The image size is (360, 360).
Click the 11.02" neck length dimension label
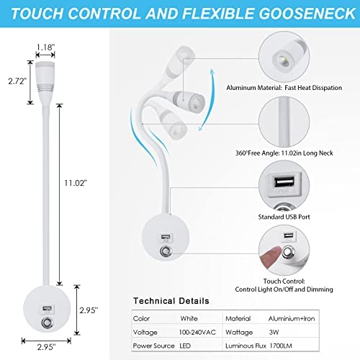point(76,183)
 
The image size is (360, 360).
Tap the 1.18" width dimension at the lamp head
point(45,47)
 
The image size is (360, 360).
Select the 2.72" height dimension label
point(17,81)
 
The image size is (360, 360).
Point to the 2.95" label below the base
point(46,347)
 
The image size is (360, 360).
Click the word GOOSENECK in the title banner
point(307,13)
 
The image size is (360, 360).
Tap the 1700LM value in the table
point(281,346)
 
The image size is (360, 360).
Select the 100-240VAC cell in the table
point(197,332)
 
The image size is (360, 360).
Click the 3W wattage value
point(274,332)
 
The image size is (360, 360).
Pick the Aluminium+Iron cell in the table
point(292,319)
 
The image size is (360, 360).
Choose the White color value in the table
point(189,318)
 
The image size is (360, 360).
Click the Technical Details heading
point(171,301)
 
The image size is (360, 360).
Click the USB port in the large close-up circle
point(284,181)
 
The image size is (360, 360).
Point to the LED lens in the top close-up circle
point(281,59)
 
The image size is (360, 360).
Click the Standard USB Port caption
point(284,217)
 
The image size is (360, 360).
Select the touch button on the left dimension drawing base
point(47,323)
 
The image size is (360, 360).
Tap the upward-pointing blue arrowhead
point(212,72)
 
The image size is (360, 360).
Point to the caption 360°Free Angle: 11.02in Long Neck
point(284,153)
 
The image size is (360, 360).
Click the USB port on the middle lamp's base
point(166,237)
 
